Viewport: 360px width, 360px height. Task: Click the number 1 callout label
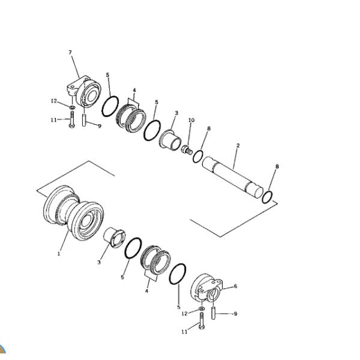pos(59,254)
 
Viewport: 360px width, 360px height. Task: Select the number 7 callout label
pos(70,53)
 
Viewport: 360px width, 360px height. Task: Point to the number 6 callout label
pos(235,286)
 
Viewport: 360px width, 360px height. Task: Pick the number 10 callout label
pos(191,121)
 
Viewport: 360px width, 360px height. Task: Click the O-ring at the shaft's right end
pos(269,196)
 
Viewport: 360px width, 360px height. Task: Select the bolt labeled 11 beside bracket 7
pos(71,120)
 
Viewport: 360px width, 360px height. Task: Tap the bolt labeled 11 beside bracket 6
pos(201,325)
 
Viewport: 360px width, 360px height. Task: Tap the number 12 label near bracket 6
pos(185,313)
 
